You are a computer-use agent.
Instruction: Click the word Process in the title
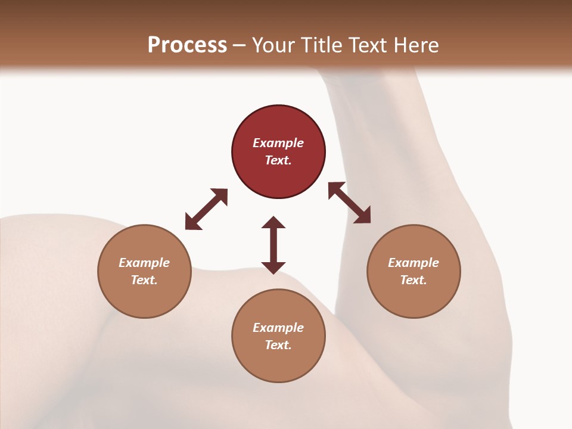point(187,45)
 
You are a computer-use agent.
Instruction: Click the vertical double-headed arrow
point(273,245)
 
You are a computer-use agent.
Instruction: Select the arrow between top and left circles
point(206,209)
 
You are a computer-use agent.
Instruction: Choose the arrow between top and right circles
point(349,203)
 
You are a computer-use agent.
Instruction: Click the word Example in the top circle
point(278,143)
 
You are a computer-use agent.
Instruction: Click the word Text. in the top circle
point(278,160)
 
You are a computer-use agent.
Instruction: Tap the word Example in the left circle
point(144,263)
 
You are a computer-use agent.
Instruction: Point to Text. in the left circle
point(144,280)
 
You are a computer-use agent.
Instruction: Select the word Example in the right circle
point(414,263)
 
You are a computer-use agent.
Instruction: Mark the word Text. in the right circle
point(414,280)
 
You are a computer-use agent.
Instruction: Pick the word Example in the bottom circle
point(278,328)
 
